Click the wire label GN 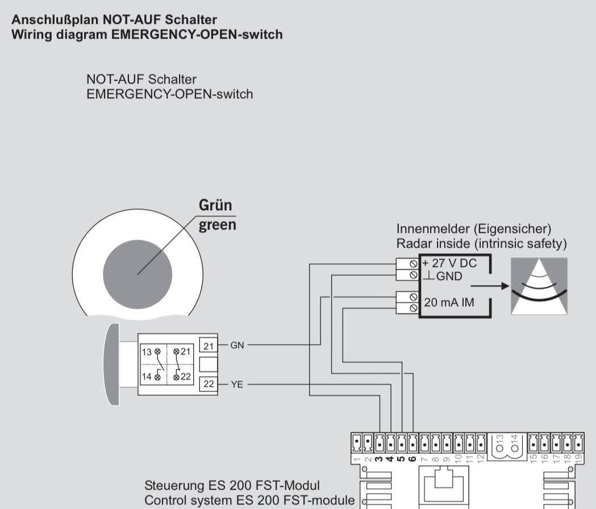click(x=237, y=345)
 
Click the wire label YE click(x=237, y=385)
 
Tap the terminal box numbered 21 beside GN click(x=209, y=345)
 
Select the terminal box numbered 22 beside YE click(x=209, y=384)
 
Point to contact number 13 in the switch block click(x=147, y=352)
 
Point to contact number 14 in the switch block click(x=147, y=376)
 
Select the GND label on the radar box click(x=449, y=277)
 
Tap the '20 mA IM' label click(x=449, y=302)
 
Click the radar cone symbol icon click(x=539, y=286)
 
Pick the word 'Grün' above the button click(x=215, y=205)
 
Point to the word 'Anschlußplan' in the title click(x=55, y=20)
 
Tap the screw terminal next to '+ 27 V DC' click(x=413, y=264)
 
